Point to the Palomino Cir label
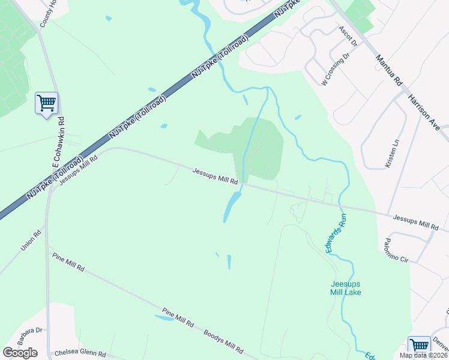pyautogui.click(x=396, y=250)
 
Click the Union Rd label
pyautogui.click(x=31, y=239)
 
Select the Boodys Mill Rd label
pyautogui.click(x=223, y=341)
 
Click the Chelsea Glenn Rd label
pyautogui.click(x=79, y=354)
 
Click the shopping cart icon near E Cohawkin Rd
pyautogui.click(x=46, y=103)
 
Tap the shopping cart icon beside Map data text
pyautogui.click(x=419, y=346)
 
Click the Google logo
pyautogui.click(x=20, y=353)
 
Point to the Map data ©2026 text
pyautogui.click(x=423, y=355)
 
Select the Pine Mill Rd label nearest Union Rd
pyautogui.click(x=68, y=262)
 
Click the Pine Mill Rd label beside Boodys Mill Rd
pyautogui.click(x=178, y=319)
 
